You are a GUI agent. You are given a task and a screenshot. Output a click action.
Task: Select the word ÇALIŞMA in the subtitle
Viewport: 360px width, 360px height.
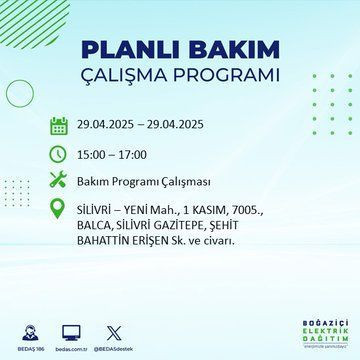coord(135,77)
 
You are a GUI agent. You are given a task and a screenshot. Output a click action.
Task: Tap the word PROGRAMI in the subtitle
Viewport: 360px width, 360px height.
coord(224,77)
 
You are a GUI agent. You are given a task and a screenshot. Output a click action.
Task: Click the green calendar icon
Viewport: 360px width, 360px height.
coord(59,126)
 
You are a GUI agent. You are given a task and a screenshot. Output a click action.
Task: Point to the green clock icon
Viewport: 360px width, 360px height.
coord(59,155)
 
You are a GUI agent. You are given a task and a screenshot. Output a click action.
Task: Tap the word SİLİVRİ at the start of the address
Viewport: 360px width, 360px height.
coord(98,211)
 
